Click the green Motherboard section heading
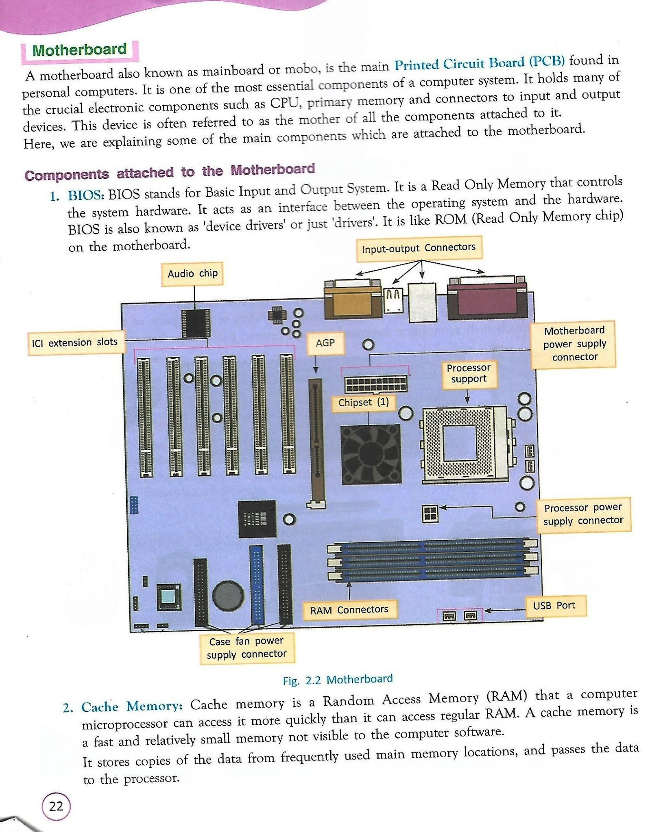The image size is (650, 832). [x=79, y=50]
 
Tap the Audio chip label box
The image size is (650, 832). [x=192, y=274]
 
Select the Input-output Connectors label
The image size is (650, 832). [x=419, y=248]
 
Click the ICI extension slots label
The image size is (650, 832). [x=75, y=342]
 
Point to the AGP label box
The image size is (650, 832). [x=325, y=343]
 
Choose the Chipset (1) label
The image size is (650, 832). [x=364, y=403]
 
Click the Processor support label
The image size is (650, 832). [x=469, y=373]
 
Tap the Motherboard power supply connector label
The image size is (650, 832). [x=574, y=344]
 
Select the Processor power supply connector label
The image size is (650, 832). [x=583, y=514]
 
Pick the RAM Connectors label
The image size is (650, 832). [x=349, y=610]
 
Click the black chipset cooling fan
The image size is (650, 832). [x=371, y=454]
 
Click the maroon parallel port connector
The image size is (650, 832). [x=486, y=299]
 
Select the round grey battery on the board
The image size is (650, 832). [x=228, y=596]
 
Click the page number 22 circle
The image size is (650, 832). [x=56, y=806]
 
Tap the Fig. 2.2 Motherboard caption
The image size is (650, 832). [x=338, y=680]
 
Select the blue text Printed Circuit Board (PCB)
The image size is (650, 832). [x=479, y=63]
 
